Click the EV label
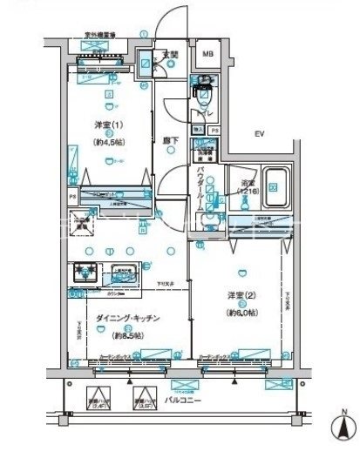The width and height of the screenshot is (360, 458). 258,133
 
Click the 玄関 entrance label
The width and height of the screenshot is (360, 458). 173,54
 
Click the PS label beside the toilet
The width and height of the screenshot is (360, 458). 215,130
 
